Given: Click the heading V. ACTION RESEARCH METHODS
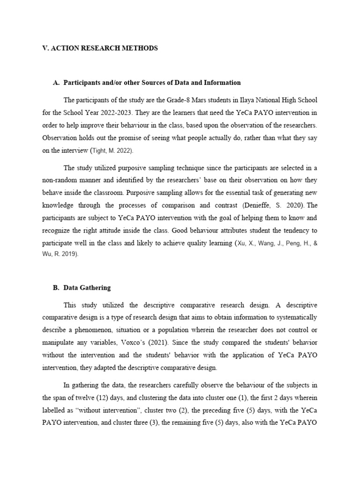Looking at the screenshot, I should pos(100,48).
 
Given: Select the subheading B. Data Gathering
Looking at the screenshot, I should pos(82,288).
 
